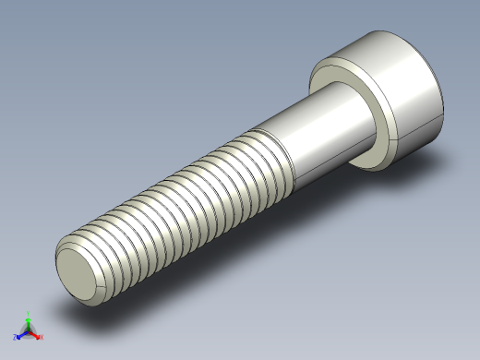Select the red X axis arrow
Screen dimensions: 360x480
pos(35,334)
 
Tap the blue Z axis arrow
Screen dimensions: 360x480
pos(20,334)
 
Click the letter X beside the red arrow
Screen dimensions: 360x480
pos(42,337)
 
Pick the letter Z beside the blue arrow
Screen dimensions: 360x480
pos(15,338)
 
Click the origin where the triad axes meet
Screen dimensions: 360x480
pos(28,330)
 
